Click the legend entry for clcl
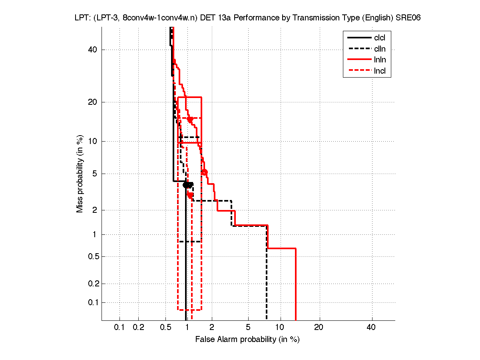coord(379,38)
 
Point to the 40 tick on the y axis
coord(92,50)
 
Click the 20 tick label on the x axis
coord(319,327)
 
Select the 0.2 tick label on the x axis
coord(138,327)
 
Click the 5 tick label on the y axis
coord(95,174)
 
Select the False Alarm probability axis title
coord(247,340)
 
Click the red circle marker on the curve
coord(204,172)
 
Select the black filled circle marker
coord(185,185)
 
